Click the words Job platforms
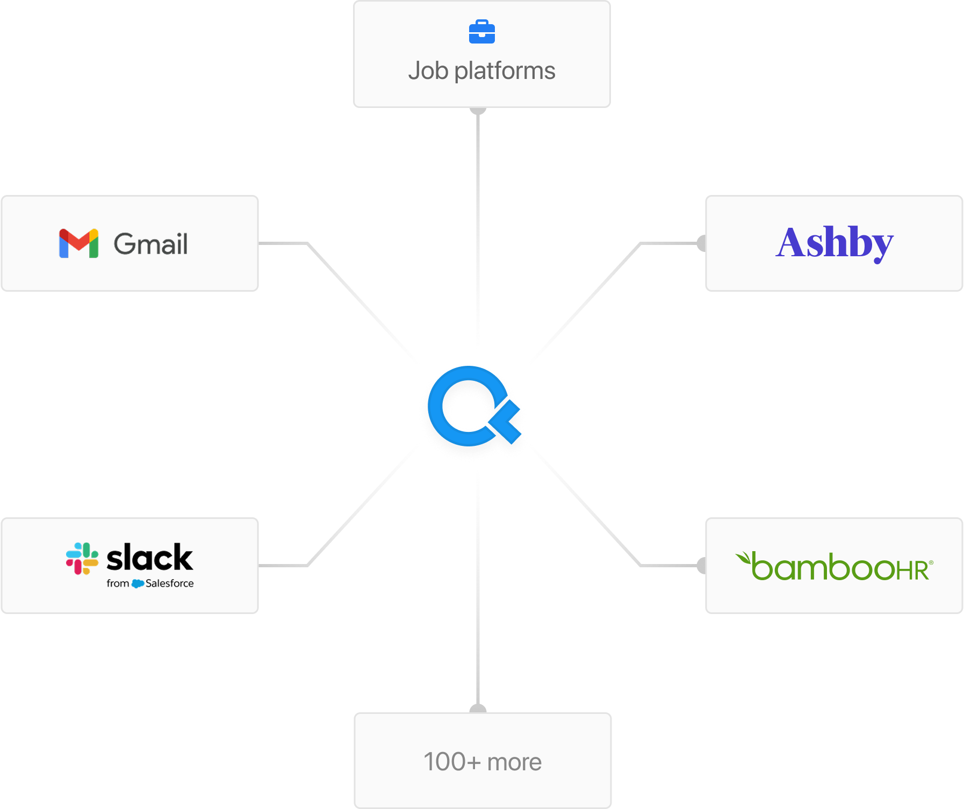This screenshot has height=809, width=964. pos(481,71)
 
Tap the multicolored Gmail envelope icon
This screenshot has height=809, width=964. pos(78,243)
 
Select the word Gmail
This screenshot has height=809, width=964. pos(150,244)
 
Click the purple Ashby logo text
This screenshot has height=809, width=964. pos(834,243)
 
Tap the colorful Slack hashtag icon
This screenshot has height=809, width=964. pos(82,558)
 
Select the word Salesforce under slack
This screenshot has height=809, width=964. pos(169,583)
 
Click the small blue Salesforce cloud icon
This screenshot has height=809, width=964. pos(138,583)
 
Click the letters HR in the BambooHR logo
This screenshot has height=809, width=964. pos(912,570)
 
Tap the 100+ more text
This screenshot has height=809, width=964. pos(483,762)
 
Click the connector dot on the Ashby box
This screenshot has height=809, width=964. pos(702,243)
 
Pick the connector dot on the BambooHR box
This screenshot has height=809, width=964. pos(702,566)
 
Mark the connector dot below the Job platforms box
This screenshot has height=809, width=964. pos(478,111)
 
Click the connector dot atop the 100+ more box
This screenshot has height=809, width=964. pos(478,709)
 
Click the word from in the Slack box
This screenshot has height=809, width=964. pos(118,583)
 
